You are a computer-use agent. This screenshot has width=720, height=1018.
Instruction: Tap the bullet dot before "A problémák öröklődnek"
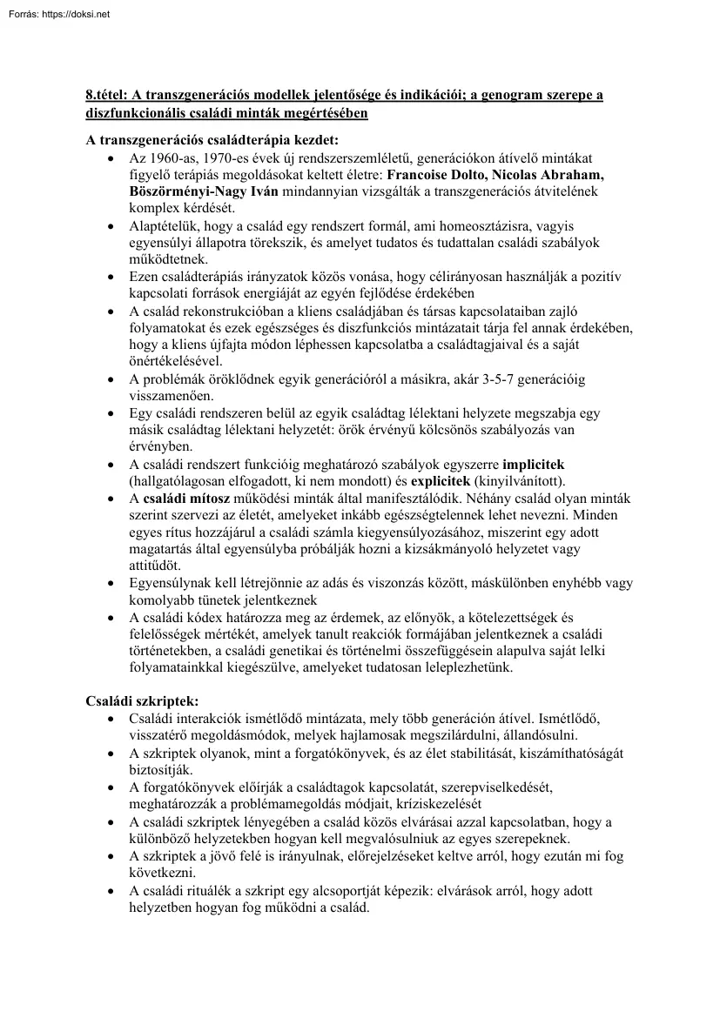click(x=109, y=379)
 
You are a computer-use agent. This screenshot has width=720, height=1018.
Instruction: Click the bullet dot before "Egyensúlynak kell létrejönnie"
click(x=109, y=584)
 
